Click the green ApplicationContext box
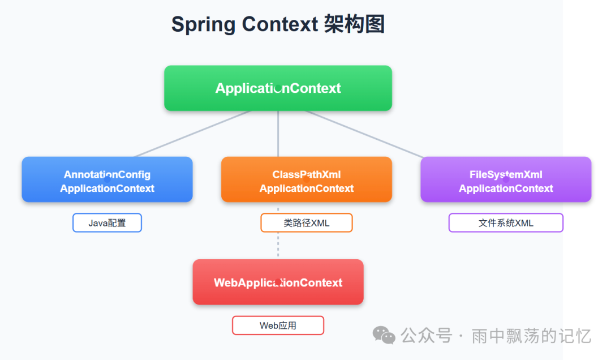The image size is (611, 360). (278, 88)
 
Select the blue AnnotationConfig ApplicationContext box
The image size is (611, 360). (107, 179)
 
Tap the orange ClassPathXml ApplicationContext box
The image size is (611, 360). (306, 179)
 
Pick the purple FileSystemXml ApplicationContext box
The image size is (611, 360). (506, 179)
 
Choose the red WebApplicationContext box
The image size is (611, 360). (278, 282)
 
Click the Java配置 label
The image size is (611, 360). (107, 223)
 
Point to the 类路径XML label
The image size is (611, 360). (306, 223)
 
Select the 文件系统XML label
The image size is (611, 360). (506, 223)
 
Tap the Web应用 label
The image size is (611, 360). (278, 325)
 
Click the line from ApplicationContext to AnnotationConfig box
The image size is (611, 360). (192, 134)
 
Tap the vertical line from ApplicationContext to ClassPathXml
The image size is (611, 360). (278, 134)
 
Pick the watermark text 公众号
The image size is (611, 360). (426, 336)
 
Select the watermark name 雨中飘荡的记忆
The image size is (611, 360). (531, 336)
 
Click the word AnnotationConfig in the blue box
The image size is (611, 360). (107, 175)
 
